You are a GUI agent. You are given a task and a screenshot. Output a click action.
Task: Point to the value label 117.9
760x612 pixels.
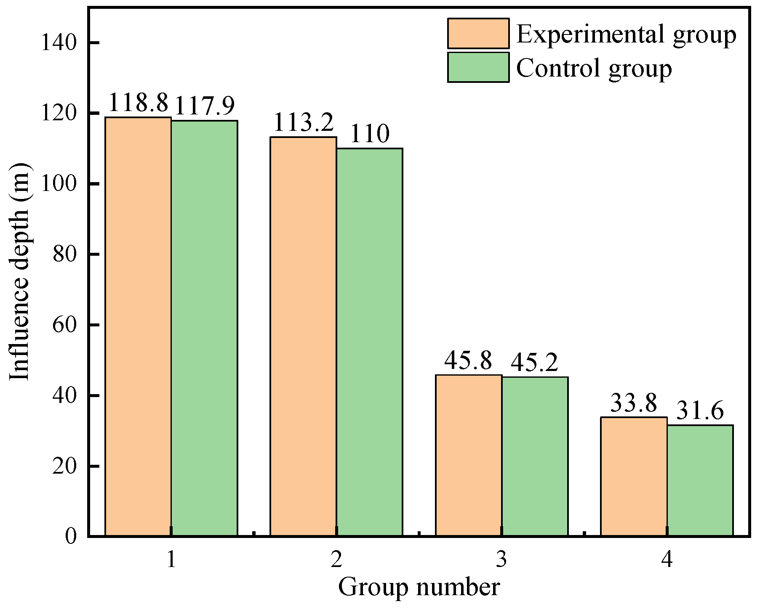tap(204, 106)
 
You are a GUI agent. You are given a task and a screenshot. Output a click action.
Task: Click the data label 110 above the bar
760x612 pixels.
tap(369, 135)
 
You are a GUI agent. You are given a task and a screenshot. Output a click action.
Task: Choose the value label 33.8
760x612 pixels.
tap(633, 403)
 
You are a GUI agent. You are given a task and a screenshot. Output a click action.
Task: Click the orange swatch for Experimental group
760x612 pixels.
tap(478, 33)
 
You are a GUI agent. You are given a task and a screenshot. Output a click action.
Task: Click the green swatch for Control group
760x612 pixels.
tap(478, 67)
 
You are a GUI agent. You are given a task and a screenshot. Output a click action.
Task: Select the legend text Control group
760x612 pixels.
tap(594, 68)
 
